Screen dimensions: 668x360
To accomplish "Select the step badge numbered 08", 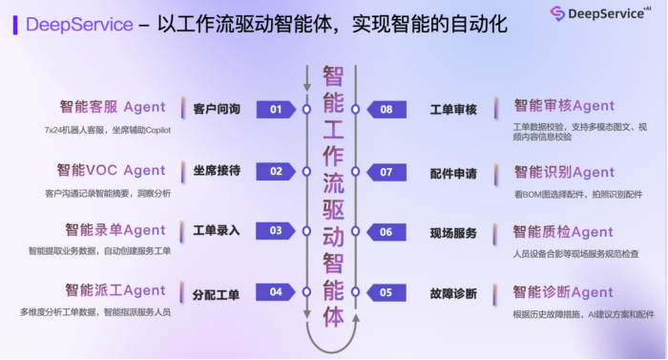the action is (x=386, y=110).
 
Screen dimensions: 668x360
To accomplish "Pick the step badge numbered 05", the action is (x=386, y=292).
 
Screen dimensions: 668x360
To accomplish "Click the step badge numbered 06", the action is (x=386, y=232).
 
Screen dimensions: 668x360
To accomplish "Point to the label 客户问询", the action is (x=217, y=110).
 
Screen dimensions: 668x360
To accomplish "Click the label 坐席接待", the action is (x=217, y=171).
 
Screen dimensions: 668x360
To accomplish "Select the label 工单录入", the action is (x=217, y=231).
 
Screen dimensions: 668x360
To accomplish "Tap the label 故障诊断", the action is (x=453, y=293).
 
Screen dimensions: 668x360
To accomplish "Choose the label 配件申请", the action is (x=453, y=173).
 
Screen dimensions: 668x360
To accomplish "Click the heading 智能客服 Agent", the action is (x=113, y=107).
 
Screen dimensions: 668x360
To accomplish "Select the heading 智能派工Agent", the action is (x=115, y=289).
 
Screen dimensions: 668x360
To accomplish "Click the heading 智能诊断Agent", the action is (x=564, y=291).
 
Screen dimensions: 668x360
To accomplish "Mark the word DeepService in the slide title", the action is (x=79, y=24).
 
